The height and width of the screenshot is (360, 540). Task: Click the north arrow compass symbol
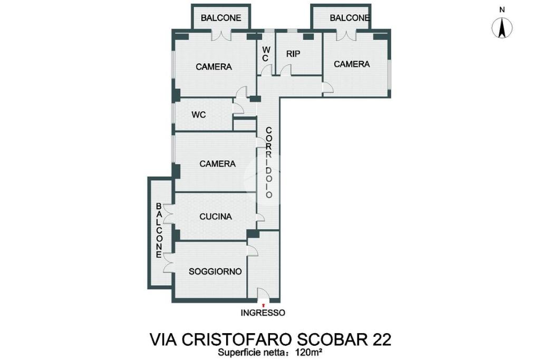click(x=502, y=27)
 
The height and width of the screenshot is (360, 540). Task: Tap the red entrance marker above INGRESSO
click(x=264, y=305)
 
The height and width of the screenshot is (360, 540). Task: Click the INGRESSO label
click(x=263, y=313)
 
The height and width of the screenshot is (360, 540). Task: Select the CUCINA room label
click(x=216, y=217)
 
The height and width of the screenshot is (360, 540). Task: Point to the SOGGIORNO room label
click(x=215, y=271)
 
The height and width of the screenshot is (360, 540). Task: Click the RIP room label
click(x=293, y=54)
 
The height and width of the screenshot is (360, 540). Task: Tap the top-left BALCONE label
click(x=221, y=18)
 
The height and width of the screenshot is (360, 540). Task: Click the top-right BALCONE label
click(x=350, y=18)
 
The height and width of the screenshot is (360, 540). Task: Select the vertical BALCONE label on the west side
click(x=159, y=230)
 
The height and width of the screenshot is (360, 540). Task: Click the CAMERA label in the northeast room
click(x=352, y=64)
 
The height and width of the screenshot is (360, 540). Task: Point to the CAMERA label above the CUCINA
click(x=218, y=164)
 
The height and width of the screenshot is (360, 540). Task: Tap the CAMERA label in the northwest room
click(x=214, y=67)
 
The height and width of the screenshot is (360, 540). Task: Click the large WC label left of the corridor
click(x=199, y=114)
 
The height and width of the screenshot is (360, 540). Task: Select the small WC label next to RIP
click(x=266, y=54)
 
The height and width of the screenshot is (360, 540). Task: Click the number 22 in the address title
click(x=381, y=339)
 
